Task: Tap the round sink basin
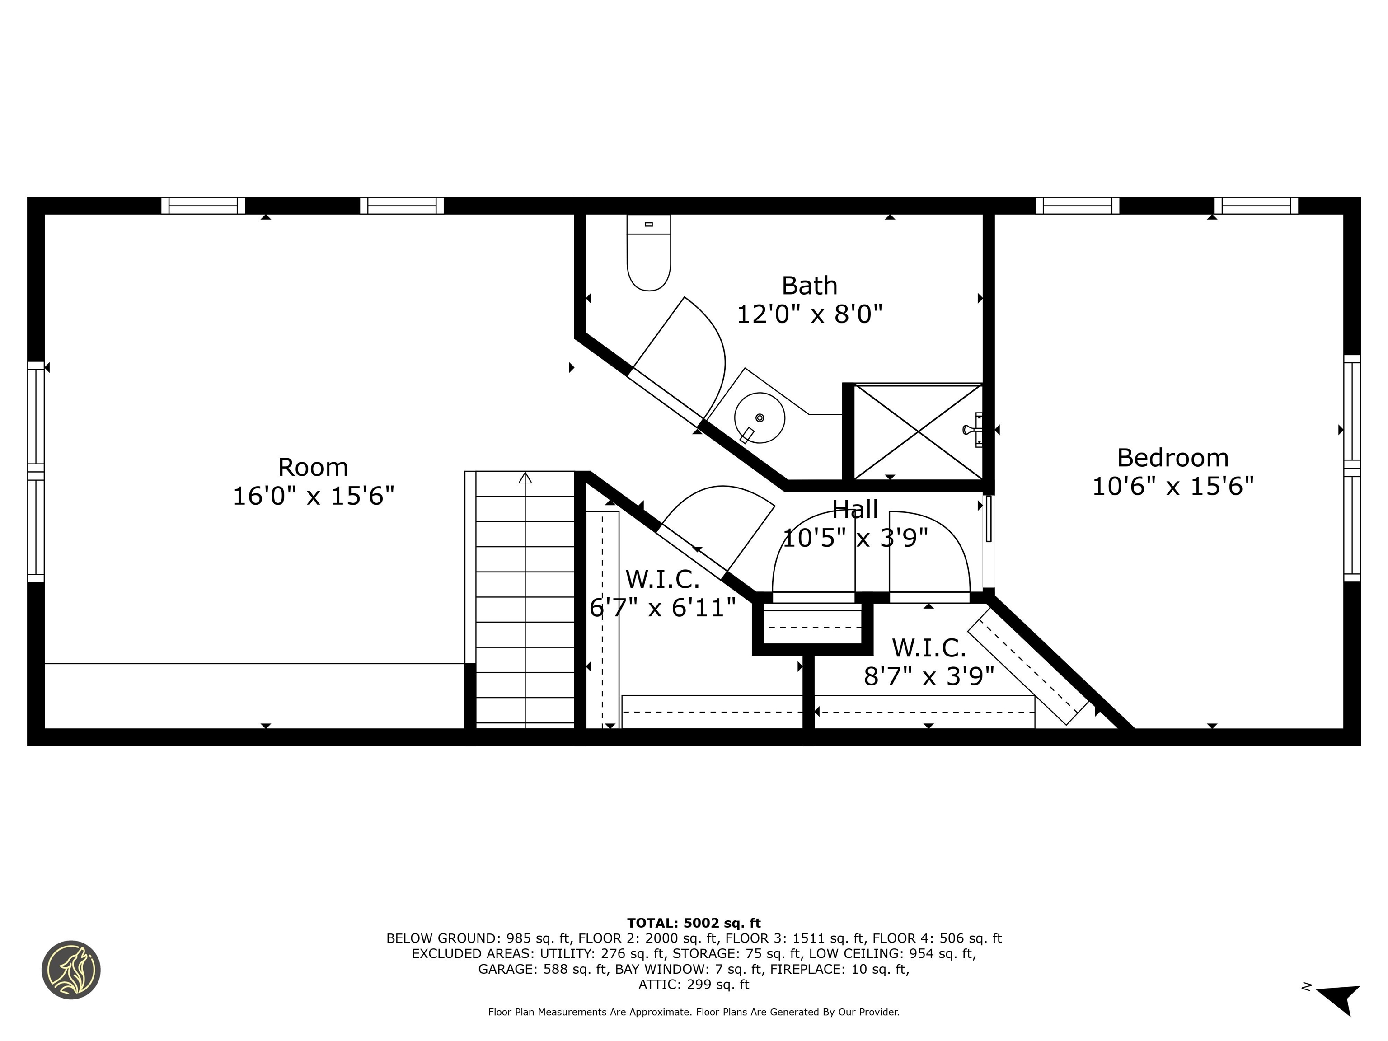pos(759,418)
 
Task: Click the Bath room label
pos(810,286)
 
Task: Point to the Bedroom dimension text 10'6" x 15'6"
pos(1173,486)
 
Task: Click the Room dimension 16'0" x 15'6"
pos(313,497)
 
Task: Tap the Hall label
pos(855,510)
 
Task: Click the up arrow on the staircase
pos(525,478)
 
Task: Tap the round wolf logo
pos(71,970)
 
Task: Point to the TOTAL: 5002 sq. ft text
pos(694,923)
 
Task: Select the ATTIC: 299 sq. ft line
pos(694,985)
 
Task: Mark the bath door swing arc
pos(709,352)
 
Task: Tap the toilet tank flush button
pos(649,224)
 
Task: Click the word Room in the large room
pos(313,468)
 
